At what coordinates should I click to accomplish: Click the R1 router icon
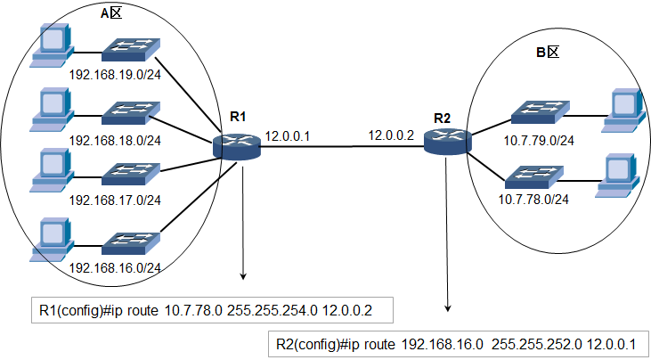pos(237,145)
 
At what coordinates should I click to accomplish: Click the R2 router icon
pos(448,142)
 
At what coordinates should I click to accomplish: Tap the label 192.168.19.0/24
pos(115,75)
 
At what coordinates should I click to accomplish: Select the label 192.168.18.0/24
pos(115,140)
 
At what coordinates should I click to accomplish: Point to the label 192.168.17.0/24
pos(115,200)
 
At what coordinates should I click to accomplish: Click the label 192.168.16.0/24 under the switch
pos(115,268)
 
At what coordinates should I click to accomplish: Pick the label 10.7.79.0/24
pos(539,141)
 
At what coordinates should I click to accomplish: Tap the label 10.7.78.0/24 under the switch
pos(533,200)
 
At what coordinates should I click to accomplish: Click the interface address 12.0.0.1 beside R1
pos(288,135)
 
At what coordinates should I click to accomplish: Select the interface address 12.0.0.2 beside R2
pos(392,135)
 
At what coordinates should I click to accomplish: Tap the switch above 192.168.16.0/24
pos(131,243)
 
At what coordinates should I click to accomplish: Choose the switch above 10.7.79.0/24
pos(541,112)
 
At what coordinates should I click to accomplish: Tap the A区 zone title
pos(111,13)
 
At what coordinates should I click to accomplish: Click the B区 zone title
pos(547,53)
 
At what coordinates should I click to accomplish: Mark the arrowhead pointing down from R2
pos(448,307)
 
